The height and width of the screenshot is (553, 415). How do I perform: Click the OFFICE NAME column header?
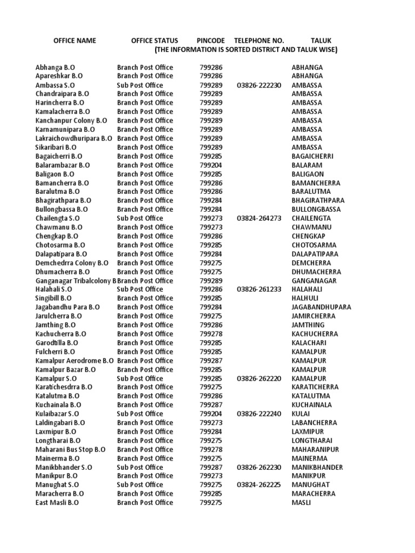74,41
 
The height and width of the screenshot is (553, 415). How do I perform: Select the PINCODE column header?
210,41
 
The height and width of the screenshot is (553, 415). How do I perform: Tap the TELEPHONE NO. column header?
259,41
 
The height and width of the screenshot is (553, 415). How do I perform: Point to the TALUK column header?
321,41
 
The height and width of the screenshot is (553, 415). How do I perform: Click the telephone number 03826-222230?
259,85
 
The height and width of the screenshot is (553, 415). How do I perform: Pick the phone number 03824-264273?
259,218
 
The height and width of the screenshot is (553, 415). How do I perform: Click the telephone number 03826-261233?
259,289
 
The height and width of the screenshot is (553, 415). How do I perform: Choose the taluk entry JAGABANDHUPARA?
321,307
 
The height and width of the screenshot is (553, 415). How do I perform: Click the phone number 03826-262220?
259,379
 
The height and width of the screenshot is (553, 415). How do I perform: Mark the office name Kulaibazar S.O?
58,414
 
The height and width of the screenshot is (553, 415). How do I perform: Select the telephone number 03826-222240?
259,414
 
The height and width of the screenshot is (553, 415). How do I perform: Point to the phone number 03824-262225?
259,485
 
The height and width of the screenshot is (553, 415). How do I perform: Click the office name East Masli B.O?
58,503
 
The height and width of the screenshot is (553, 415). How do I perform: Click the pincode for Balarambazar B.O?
211,165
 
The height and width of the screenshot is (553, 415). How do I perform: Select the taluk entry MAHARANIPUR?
315,449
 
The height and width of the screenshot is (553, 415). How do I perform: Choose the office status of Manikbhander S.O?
139,467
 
